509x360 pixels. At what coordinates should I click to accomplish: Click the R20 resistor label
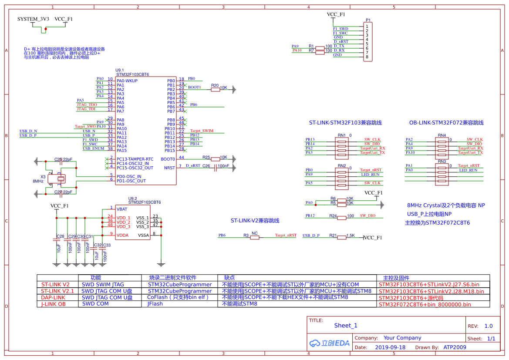(215, 86)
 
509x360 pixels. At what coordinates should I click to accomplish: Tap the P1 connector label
(368, 20)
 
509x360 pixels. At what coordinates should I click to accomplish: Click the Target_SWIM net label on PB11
(202, 131)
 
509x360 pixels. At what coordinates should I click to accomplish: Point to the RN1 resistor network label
(341, 135)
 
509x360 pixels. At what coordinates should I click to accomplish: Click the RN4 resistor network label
(442, 135)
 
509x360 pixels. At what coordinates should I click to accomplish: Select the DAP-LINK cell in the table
(53, 298)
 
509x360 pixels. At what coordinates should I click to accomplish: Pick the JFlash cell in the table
(155, 304)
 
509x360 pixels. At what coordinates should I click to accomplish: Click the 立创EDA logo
(329, 343)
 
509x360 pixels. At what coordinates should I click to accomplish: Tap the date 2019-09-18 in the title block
(390, 347)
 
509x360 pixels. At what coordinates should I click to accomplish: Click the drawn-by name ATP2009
(455, 347)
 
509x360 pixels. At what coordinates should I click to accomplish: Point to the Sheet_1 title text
(346, 326)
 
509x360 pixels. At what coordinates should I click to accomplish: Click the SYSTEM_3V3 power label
(33, 19)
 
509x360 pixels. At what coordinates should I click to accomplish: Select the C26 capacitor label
(206, 166)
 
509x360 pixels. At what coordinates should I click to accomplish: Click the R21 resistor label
(333, 236)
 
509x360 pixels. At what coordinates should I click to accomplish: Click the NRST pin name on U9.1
(169, 168)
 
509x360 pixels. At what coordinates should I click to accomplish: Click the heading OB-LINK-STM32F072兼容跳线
(446, 123)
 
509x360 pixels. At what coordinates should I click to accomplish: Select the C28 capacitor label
(60, 236)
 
